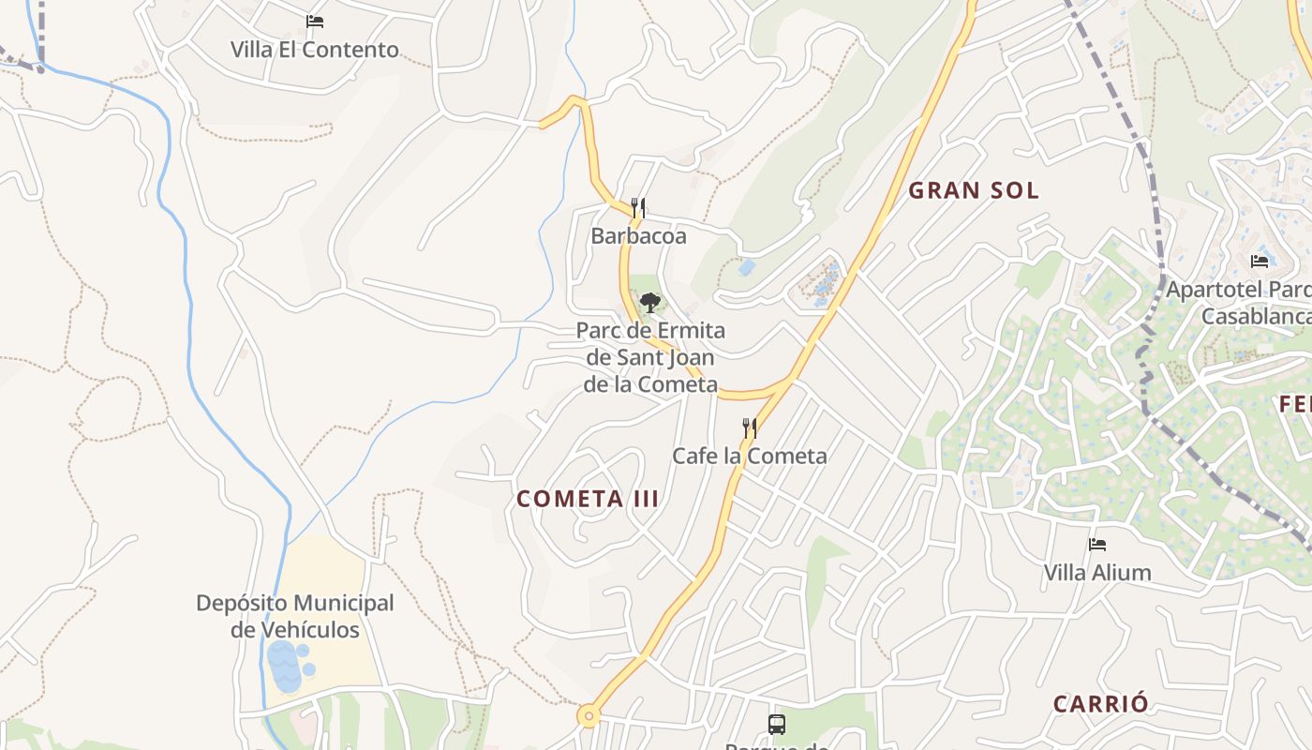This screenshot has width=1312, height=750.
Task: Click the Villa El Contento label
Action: tap(315, 50)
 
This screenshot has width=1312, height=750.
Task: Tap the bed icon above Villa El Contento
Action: tap(315, 21)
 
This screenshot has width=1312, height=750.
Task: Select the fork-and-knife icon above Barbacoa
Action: tap(638, 207)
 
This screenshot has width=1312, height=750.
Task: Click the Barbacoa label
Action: tap(638, 236)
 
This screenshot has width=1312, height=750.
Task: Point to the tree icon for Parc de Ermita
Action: tap(650, 302)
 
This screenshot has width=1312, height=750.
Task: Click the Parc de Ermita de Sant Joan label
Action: tap(650, 357)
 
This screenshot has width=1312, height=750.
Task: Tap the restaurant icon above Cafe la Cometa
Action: tap(750, 428)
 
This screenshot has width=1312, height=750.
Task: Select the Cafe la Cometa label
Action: tap(750, 457)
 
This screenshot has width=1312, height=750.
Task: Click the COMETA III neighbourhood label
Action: tap(588, 499)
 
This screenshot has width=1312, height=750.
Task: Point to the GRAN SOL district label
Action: tap(974, 190)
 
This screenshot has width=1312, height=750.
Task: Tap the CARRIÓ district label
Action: tap(1100, 704)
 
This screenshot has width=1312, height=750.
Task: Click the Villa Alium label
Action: tap(1097, 572)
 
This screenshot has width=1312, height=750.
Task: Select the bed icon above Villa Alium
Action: tap(1097, 544)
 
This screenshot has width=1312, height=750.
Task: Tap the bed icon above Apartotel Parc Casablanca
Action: tap(1260, 261)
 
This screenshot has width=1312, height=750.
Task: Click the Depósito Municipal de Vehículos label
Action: tap(295, 616)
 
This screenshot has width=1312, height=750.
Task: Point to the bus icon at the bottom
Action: tap(777, 724)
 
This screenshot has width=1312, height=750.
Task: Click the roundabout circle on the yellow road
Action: tap(589, 716)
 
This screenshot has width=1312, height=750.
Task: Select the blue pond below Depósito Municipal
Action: tap(285, 666)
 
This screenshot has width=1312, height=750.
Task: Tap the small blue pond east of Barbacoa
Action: tap(747, 267)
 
